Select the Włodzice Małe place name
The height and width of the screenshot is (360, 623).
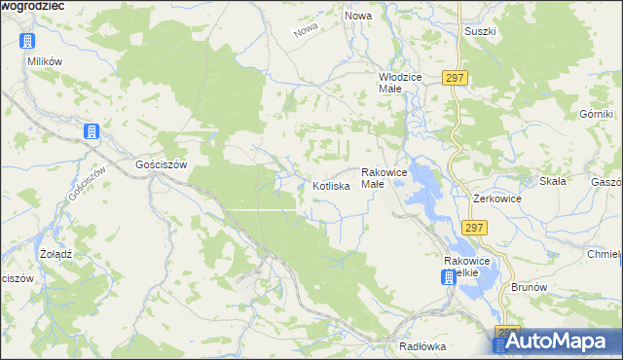pyautogui.click(x=398, y=82)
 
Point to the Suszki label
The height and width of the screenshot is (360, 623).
pyautogui.click(x=481, y=31)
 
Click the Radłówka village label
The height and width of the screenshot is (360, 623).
pyautogui.click(x=422, y=346)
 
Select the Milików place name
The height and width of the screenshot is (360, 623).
pyautogui.click(x=45, y=60)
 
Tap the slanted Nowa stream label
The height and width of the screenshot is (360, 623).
pyautogui.click(x=307, y=31)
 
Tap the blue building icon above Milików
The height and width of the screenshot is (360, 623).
pyautogui.click(x=27, y=41)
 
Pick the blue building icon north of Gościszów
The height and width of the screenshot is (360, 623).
pyautogui.click(x=92, y=132)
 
